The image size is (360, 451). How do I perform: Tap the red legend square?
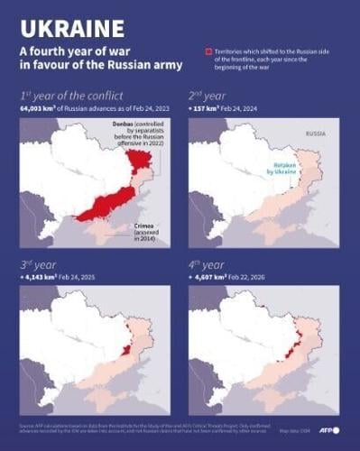(x=209, y=52)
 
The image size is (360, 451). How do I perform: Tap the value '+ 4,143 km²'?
(x=42, y=278)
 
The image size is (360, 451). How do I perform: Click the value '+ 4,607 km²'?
(x=211, y=278)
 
